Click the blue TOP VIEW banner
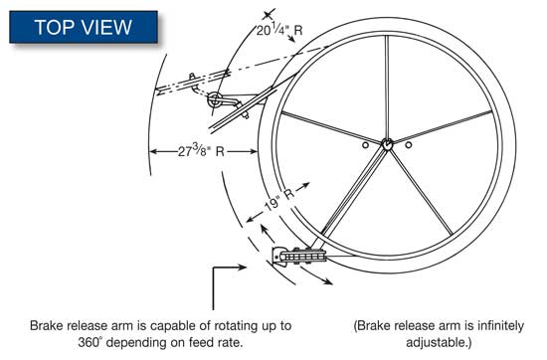click(84, 27)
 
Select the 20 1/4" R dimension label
click(279, 30)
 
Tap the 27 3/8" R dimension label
click(201, 151)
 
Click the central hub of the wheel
click(387, 144)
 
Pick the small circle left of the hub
click(365, 145)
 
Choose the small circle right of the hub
click(409, 145)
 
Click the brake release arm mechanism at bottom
click(299, 257)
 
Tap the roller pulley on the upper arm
click(214, 99)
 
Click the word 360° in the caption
click(90, 342)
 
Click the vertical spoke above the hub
click(387, 87)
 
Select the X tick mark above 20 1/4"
click(268, 15)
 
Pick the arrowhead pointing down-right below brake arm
click(328, 281)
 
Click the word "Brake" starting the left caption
click(46, 326)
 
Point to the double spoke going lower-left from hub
click(353, 191)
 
